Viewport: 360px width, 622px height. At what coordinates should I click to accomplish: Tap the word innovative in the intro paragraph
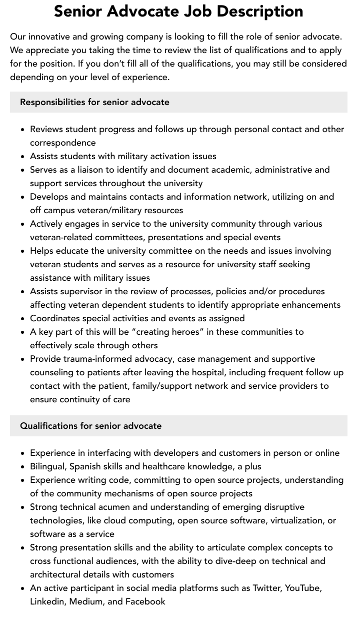click(x=51, y=37)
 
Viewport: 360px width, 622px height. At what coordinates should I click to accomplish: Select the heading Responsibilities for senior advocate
click(x=94, y=102)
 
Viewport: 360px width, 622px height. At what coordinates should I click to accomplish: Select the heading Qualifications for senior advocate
click(x=90, y=426)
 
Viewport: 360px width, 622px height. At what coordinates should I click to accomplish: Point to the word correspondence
click(x=62, y=143)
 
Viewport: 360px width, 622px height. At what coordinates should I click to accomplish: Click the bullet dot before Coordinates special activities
click(x=23, y=319)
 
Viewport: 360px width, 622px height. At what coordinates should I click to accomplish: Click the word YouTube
click(x=302, y=588)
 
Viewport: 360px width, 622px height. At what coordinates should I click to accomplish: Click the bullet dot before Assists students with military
click(x=23, y=157)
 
